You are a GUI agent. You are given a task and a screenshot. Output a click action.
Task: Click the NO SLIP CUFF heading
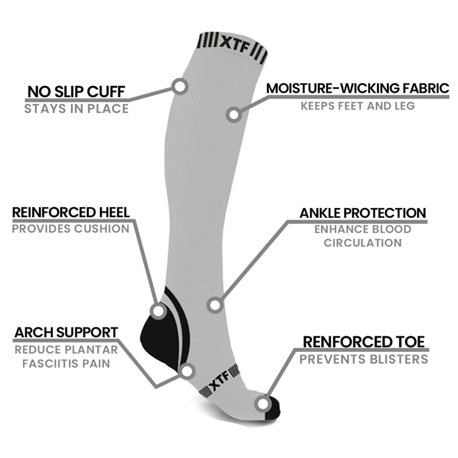pos(76,91)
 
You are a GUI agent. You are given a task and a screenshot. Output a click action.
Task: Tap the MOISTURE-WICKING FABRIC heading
pos(358,88)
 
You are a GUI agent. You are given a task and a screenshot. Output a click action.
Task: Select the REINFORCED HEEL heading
pos(71,212)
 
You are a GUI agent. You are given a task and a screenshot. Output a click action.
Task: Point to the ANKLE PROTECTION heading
pos(363,213)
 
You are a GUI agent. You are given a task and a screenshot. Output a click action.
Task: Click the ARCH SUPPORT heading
pos(66,332)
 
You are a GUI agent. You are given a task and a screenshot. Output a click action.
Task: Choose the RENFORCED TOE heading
pos(364,342)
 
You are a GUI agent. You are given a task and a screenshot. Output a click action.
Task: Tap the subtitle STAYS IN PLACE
pos(76,109)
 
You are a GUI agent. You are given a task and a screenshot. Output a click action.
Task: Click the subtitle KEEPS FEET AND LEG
pos(358,106)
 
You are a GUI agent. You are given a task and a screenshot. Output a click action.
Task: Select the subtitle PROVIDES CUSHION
pos(71,229)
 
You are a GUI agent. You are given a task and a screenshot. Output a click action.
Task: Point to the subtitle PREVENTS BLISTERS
pos(364,359)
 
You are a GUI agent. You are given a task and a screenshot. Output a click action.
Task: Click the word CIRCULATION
pos(363,243)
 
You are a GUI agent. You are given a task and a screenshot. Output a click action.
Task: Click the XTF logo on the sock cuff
pos(235,45)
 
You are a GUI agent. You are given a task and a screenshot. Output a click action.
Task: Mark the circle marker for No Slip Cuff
pos(179,86)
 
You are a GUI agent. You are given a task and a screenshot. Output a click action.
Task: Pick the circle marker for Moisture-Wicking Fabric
pos(233,114)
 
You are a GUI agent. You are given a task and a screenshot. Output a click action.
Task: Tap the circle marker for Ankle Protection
pos(215,305)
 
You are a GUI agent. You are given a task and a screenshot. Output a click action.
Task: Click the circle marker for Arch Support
pos(187,371)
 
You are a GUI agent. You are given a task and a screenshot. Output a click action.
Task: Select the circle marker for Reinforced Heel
pos(158,311)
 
